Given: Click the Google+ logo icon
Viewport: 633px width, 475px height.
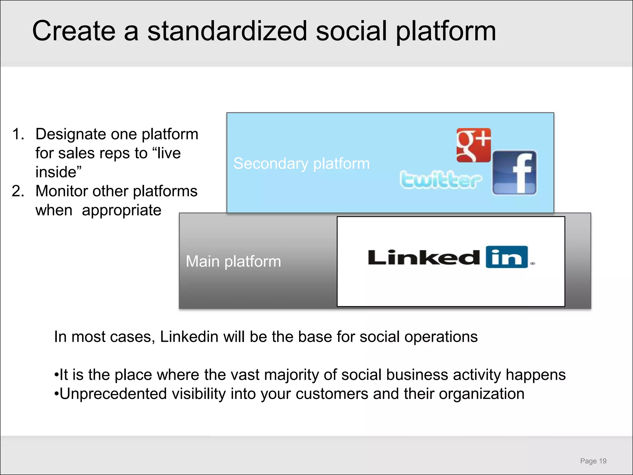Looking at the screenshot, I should [474, 145].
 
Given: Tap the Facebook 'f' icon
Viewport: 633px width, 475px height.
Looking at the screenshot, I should [514, 173].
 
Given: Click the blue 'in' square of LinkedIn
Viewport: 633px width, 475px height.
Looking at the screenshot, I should [507, 257].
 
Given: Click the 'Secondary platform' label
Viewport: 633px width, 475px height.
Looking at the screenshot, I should [301, 163].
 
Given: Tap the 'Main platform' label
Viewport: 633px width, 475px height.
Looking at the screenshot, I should [233, 261].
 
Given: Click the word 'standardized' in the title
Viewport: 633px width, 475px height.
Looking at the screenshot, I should [227, 31].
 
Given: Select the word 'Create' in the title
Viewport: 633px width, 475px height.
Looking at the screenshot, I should [74, 31].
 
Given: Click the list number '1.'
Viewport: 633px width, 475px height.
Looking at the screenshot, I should [18, 134].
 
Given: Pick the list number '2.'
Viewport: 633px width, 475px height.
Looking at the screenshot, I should [18, 191].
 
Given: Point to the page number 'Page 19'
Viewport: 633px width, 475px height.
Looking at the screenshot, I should [593, 461].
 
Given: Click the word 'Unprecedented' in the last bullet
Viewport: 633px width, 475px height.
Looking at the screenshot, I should [113, 394].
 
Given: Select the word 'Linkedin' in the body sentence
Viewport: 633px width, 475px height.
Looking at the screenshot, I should [189, 337].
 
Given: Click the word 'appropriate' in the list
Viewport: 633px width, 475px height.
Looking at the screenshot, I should [121, 211].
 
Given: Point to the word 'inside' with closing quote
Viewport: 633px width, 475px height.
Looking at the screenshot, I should [58, 172].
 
